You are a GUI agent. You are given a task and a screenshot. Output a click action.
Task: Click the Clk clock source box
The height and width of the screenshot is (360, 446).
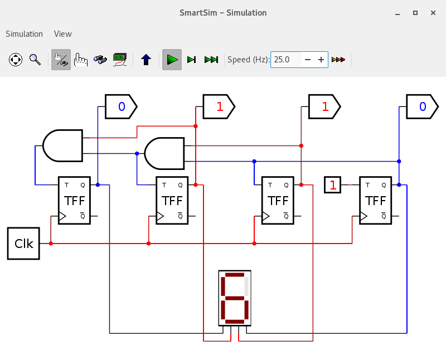coord(23,244)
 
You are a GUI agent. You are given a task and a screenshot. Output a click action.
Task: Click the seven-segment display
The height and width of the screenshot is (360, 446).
coord(235,298)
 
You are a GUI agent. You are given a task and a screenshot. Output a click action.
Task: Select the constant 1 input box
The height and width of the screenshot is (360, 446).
coord(332,185)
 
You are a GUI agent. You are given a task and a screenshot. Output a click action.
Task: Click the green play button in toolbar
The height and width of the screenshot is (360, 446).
coord(172,60)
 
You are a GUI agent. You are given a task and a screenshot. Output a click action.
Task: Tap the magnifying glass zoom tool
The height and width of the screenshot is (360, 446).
coord(35,60)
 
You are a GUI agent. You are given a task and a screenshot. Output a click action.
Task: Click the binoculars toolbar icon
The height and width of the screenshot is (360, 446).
coord(100,60)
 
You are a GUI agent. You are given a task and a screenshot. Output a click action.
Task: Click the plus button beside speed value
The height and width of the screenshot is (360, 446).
coord(321,60)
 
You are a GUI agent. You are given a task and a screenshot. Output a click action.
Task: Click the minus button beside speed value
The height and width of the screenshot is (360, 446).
coord(308,60)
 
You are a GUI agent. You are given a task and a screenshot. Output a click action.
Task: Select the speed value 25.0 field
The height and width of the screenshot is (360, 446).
coord(285,60)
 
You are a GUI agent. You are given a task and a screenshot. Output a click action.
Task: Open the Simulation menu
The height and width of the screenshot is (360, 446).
coord(24,34)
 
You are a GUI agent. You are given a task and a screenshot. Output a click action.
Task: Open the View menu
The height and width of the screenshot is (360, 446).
coord(63,34)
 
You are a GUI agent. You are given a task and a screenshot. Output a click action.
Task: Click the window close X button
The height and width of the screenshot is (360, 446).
coord(433,13)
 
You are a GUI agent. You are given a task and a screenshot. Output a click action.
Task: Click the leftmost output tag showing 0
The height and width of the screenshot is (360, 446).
coord(121,106)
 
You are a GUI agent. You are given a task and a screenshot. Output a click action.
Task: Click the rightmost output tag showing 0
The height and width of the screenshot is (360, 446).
coord(423,106)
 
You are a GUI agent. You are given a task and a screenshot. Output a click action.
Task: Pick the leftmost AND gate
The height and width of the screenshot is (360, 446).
coord(63,145)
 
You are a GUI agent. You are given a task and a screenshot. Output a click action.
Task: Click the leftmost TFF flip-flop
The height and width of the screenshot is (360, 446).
coord(74,201)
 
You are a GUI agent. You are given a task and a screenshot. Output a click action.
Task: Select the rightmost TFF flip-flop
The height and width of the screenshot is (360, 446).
coord(375,201)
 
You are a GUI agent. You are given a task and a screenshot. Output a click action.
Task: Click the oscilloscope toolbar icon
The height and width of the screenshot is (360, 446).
coord(120,60)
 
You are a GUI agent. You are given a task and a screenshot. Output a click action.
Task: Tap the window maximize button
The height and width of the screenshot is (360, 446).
coord(415,13)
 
